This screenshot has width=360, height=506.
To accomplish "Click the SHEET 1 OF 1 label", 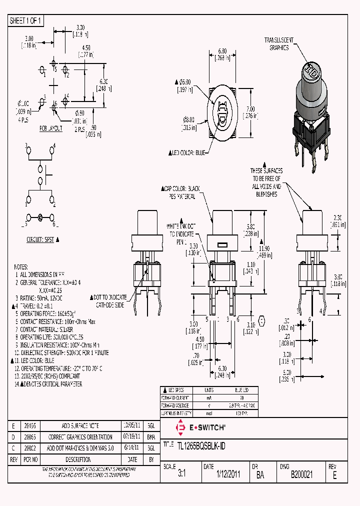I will click(26, 20).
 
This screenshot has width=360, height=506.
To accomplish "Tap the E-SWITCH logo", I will click(200, 427).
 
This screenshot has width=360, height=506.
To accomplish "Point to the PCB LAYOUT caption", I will click(51, 128).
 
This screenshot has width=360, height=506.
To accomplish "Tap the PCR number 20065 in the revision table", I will click(30, 437).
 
